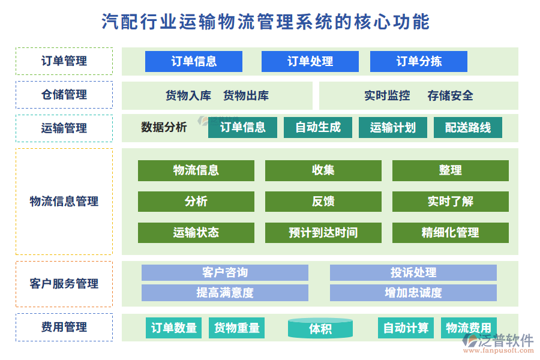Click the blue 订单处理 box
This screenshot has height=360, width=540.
click(x=310, y=61)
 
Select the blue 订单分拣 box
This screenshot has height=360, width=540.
click(x=418, y=61)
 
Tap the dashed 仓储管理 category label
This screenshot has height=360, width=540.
click(x=64, y=95)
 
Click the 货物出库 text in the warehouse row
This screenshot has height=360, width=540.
click(x=246, y=95)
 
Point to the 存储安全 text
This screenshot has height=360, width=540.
click(x=450, y=95)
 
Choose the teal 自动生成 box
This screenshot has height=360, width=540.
click(x=317, y=127)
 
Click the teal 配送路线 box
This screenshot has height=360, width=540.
click(x=467, y=127)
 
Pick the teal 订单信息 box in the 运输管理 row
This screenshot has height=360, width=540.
click(x=242, y=127)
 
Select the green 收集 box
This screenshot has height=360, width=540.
click(x=323, y=170)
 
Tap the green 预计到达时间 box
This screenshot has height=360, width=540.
click(x=323, y=233)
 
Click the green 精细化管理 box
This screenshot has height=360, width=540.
click(x=450, y=233)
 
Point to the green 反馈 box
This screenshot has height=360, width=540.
click(x=323, y=202)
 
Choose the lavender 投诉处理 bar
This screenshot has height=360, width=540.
click(x=413, y=273)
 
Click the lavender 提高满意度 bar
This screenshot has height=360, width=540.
click(x=224, y=293)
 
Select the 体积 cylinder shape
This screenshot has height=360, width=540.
click(x=320, y=328)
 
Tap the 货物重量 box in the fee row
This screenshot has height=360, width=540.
click(x=237, y=328)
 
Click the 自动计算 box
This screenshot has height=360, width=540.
click(x=406, y=328)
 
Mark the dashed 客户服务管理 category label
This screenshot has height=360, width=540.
click(x=64, y=284)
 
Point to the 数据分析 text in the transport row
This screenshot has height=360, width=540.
click(x=164, y=127)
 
